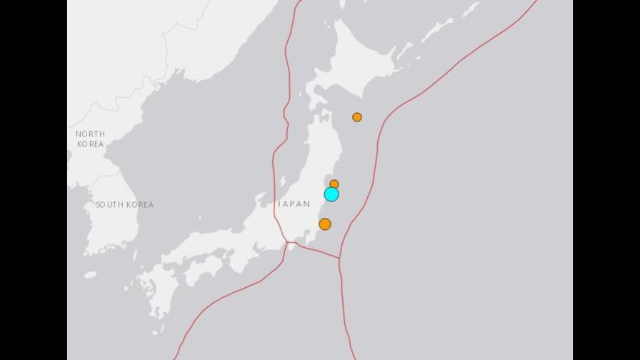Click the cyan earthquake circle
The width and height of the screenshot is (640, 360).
[331, 194]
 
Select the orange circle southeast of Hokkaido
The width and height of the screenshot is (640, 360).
[357, 117]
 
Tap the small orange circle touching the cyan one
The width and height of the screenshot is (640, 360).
[334, 184]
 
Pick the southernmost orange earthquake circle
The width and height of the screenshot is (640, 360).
[325, 224]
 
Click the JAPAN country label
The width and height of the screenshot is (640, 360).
[294, 204]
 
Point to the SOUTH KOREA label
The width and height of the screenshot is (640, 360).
[125, 205]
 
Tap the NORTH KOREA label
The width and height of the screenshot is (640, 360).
[90, 139]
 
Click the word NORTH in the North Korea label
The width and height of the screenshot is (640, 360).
[91, 134]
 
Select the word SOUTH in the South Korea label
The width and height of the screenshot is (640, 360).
[110, 205]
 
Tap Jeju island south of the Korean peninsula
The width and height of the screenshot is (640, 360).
[90, 275]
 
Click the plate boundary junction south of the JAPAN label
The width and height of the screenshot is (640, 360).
[289, 243]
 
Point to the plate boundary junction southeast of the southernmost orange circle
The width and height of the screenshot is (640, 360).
[340, 259]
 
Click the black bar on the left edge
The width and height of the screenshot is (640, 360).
[34, 180]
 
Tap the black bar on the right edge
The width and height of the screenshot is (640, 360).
[606, 180]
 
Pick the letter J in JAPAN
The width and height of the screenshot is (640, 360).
[279, 204]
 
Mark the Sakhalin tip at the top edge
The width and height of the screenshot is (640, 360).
[341, 4]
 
